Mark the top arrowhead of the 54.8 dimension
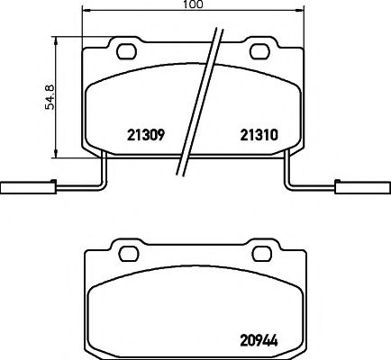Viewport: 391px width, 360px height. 58,40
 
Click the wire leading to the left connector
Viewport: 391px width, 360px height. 81,188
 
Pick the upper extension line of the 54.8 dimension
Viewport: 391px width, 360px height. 68,36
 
